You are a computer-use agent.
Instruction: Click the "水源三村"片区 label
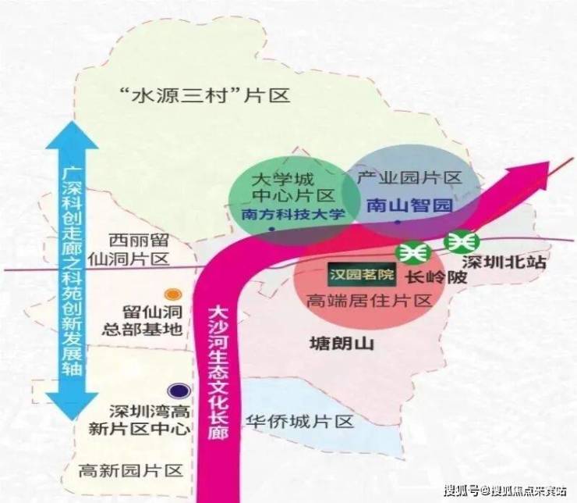coord(204,97)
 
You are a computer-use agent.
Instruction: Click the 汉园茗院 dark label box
coord(363,275)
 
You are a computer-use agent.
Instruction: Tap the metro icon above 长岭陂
coord(412,252)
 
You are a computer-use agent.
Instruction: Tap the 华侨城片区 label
coord(299,421)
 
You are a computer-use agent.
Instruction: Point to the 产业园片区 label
coord(409,178)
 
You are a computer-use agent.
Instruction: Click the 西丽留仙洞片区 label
coord(137,249)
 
